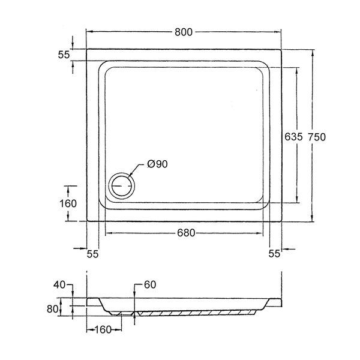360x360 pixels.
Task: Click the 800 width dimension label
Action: [184, 32]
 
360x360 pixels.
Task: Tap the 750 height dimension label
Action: [317, 137]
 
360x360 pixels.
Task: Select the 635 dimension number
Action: [293, 137]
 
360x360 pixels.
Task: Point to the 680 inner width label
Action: [186, 233]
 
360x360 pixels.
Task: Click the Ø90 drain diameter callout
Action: [157, 164]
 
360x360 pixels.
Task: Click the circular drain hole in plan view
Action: [122, 186]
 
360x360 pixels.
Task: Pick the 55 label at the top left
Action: [64, 55]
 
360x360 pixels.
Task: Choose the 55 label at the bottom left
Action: [93, 254]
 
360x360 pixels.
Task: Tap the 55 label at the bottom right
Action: [275, 253]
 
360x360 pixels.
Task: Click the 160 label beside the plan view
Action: [68, 203]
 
